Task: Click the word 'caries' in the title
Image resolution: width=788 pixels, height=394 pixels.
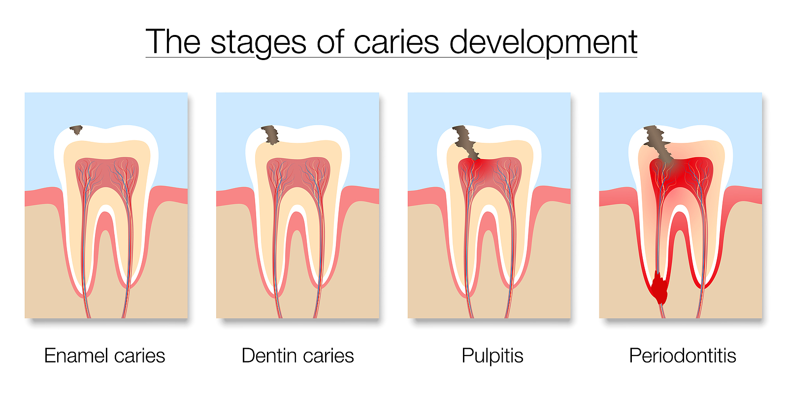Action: [x=396, y=42]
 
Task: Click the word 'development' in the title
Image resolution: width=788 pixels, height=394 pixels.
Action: [x=543, y=42]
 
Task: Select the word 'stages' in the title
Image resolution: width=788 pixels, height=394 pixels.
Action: [x=259, y=43]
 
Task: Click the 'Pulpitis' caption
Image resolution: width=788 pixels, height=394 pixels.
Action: [x=492, y=356]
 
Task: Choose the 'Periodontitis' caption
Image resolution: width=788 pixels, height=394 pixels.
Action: [x=682, y=356]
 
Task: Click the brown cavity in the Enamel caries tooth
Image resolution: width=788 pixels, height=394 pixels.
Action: [x=76, y=130]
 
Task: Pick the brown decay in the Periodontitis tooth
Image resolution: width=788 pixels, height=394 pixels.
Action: [x=657, y=143]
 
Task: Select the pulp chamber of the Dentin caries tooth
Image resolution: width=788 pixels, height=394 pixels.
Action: [x=298, y=172]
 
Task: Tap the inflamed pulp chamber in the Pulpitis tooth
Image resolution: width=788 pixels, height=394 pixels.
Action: [x=490, y=172]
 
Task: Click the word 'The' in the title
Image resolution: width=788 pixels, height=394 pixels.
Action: [x=173, y=42]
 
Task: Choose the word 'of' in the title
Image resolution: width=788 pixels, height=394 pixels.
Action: [x=330, y=42]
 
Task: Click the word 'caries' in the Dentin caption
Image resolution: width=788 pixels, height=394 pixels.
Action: [x=328, y=356]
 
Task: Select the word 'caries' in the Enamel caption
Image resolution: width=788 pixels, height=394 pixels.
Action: [x=139, y=356]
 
